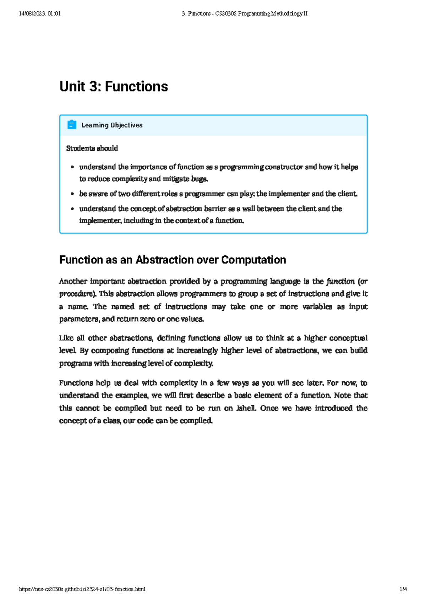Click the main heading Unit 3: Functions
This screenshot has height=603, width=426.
click(x=114, y=86)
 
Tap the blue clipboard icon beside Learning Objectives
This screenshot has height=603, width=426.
click(x=72, y=125)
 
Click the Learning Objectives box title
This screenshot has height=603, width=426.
click(x=112, y=125)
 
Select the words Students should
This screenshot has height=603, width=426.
click(x=92, y=148)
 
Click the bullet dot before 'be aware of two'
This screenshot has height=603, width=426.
click(x=72, y=194)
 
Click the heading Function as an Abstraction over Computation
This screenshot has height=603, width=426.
click(x=173, y=260)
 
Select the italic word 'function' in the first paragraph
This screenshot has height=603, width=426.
click(x=340, y=281)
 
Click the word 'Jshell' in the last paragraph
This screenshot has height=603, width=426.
click(x=246, y=408)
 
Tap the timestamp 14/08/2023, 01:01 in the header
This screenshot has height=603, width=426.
click(x=40, y=13)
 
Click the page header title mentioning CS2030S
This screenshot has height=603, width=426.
click(x=244, y=13)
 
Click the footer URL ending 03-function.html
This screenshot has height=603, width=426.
click(x=82, y=589)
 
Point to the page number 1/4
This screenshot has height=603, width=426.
click(x=403, y=589)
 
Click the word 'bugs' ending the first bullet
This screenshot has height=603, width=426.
click(x=199, y=179)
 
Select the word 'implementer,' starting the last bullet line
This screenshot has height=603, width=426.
click(x=100, y=221)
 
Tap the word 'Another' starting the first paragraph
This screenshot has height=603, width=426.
click(x=73, y=281)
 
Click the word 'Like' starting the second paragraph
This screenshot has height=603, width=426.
click(x=66, y=338)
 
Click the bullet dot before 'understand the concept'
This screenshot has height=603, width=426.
click(x=72, y=209)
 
